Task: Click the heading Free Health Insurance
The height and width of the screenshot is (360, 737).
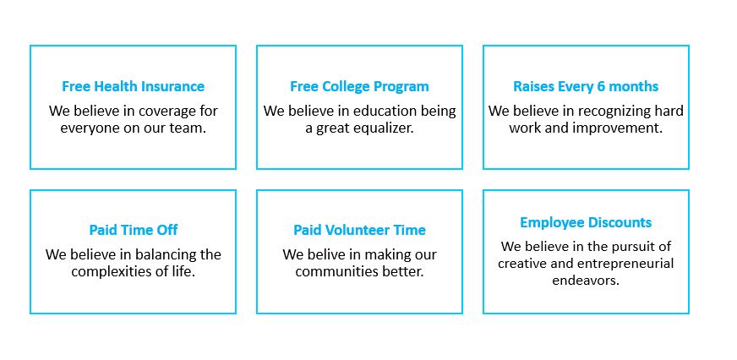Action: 133,86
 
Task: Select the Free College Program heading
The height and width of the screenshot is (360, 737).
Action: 359,87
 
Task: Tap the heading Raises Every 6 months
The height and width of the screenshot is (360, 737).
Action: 586,87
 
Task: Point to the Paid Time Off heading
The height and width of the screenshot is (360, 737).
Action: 134,231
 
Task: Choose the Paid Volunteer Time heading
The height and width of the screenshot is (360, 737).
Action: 359,231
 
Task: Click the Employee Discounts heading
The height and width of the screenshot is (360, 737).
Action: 586,222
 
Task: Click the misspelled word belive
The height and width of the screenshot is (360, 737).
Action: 325,254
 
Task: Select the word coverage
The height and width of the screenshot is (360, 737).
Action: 162,112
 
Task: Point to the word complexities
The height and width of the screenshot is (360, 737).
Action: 107,271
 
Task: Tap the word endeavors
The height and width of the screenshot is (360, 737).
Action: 586,281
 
